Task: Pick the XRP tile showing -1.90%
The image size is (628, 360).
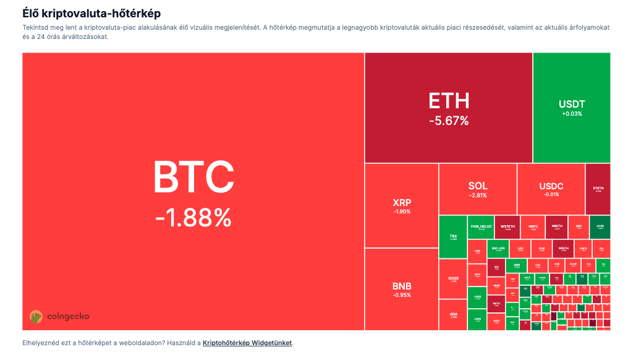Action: point(401,205)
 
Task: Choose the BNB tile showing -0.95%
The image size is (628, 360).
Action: point(401,289)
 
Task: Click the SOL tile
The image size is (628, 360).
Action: point(478,189)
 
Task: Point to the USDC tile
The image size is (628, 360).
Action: point(551,189)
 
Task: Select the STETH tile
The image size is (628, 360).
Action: point(598,189)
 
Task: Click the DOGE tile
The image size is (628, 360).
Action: point(453,279)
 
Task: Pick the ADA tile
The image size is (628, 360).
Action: point(453,315)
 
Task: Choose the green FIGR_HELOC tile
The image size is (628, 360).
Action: point(480,227)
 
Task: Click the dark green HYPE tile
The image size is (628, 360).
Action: point(600,227)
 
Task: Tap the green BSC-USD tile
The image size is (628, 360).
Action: point(498,249)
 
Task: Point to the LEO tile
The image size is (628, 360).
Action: point(520,249)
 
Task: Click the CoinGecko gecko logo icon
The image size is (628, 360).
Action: point(36,317)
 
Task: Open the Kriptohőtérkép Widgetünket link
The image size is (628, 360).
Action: point(247,343)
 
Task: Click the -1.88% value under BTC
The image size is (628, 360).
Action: point(193,217)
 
